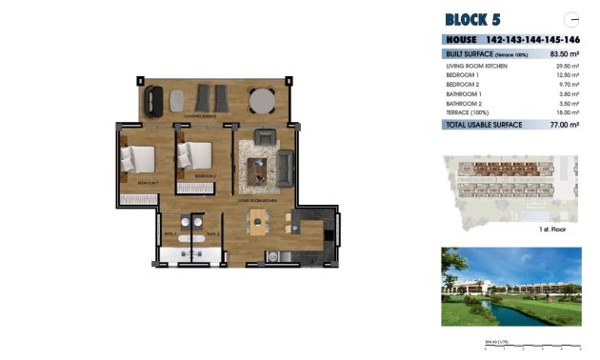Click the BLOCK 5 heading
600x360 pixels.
472,19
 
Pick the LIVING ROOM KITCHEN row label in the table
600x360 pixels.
477,66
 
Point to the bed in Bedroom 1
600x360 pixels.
139,158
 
